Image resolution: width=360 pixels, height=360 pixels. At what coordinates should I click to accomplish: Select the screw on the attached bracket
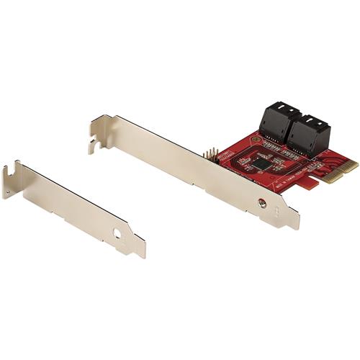tap(262, 204)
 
